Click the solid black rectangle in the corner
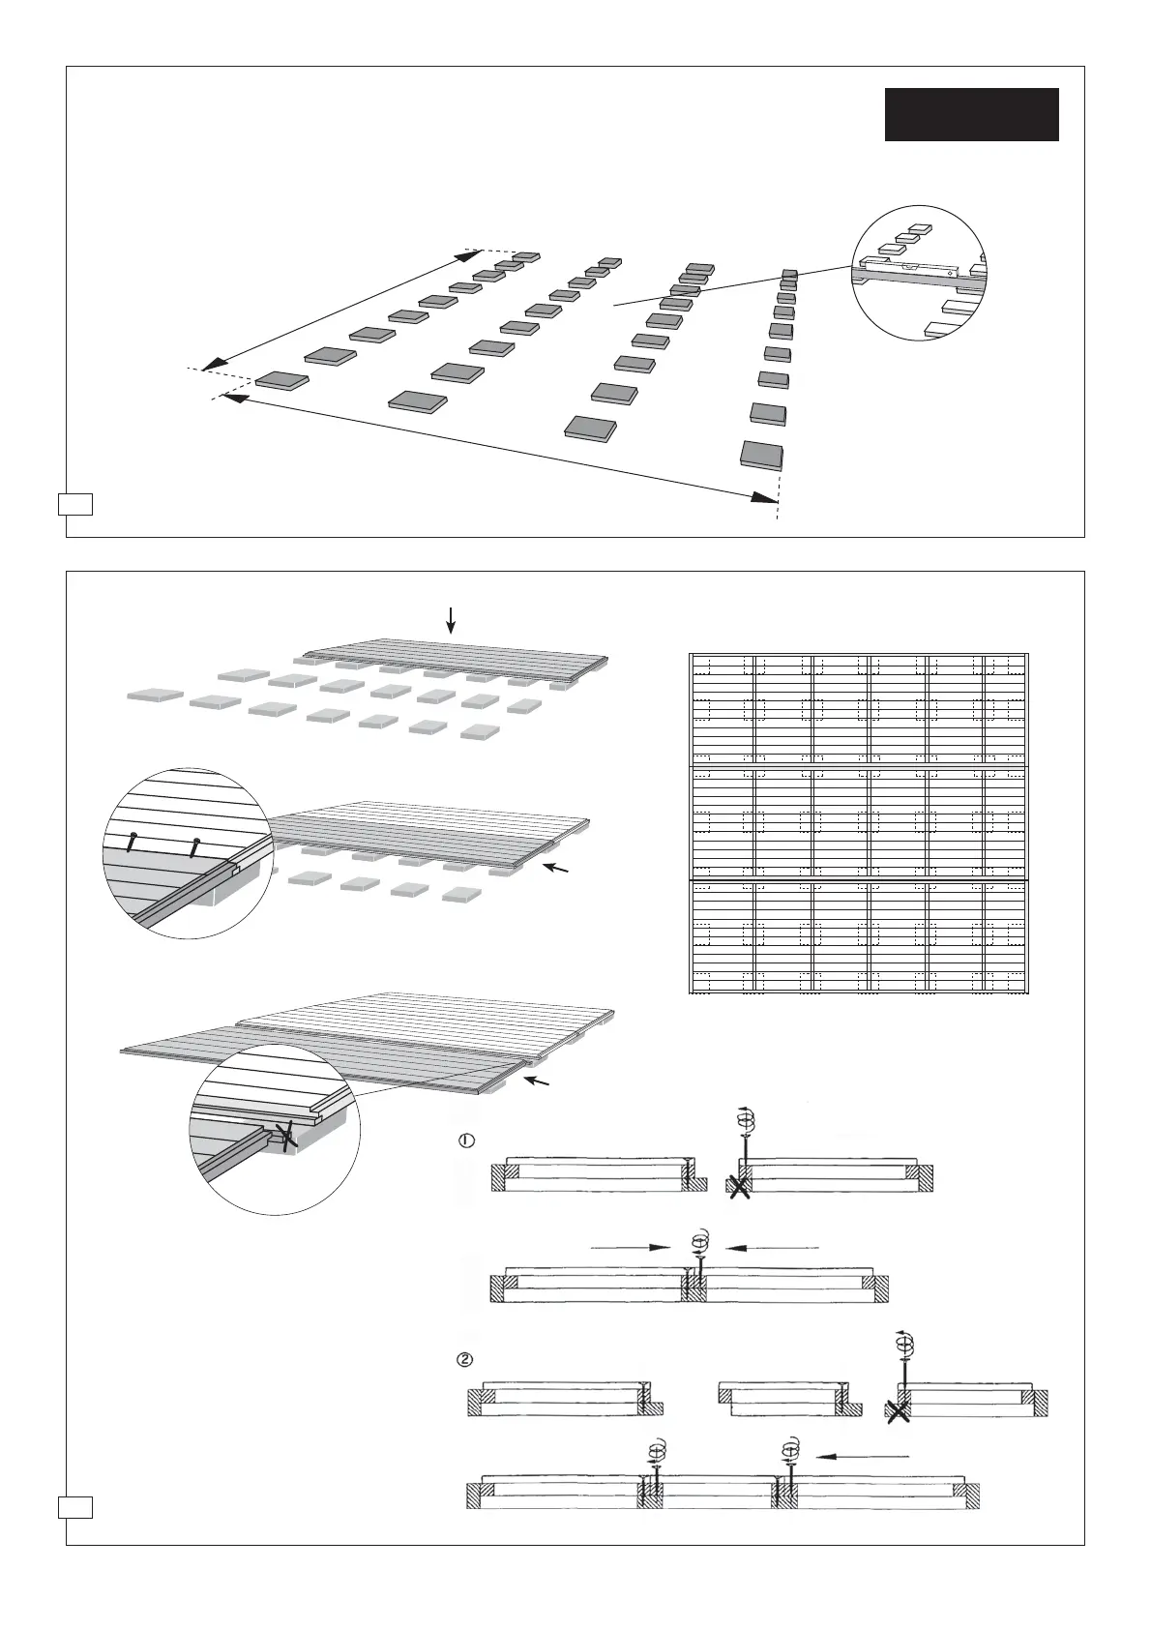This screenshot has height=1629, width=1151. coord(971,114)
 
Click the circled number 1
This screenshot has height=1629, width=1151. coord(465,1140)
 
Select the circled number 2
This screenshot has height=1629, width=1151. coord(465,1359)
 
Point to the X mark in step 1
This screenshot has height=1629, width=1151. coord(739,1186)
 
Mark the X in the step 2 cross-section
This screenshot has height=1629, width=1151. coord(899,1411)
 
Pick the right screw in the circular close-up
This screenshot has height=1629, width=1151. coord(196,846)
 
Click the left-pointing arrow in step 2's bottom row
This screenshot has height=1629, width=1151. coord(861,1455)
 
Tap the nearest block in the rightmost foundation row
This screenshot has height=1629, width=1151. coord(761,455)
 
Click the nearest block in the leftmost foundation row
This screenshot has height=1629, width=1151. coord(282,380)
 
